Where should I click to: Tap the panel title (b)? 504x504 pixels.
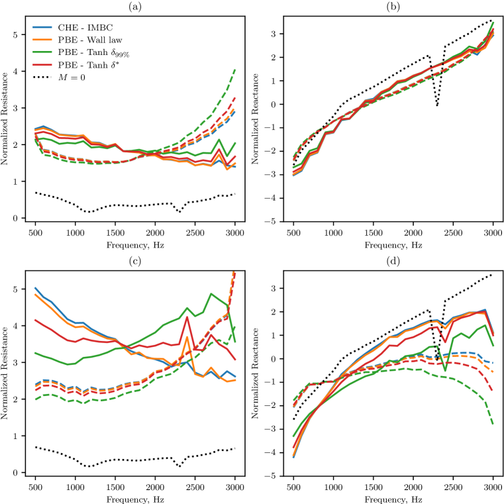click(x=393, y=6)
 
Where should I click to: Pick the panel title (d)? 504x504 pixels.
click(x=393, y=259)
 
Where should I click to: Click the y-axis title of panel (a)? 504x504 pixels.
click(x=6, y=119)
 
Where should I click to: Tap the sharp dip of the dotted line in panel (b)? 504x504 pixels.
click(x=437, y=106)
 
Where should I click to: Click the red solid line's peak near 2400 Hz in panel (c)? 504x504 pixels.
click(x=187, y=317)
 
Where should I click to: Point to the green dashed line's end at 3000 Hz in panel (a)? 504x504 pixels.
click(x=234, y=69)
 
